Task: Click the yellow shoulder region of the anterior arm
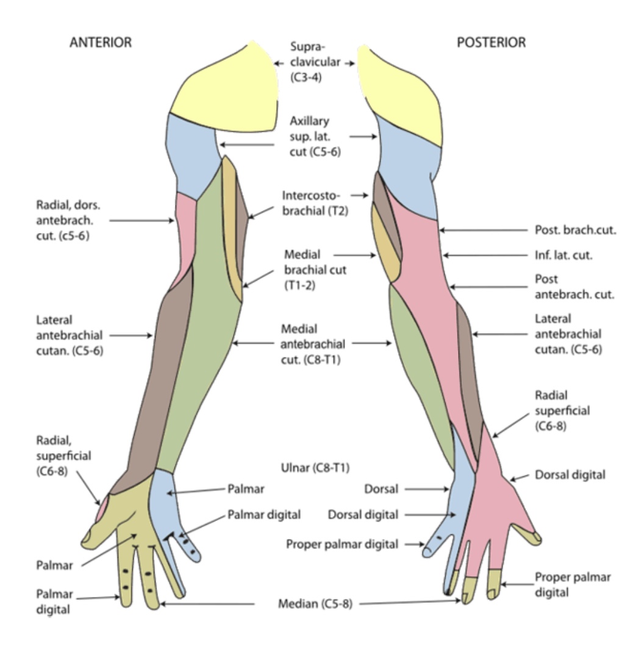click(x=226, y=92)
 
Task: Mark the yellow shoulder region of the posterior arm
click(x=402, y=92)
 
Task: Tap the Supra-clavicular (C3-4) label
click(x=314, y=62)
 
